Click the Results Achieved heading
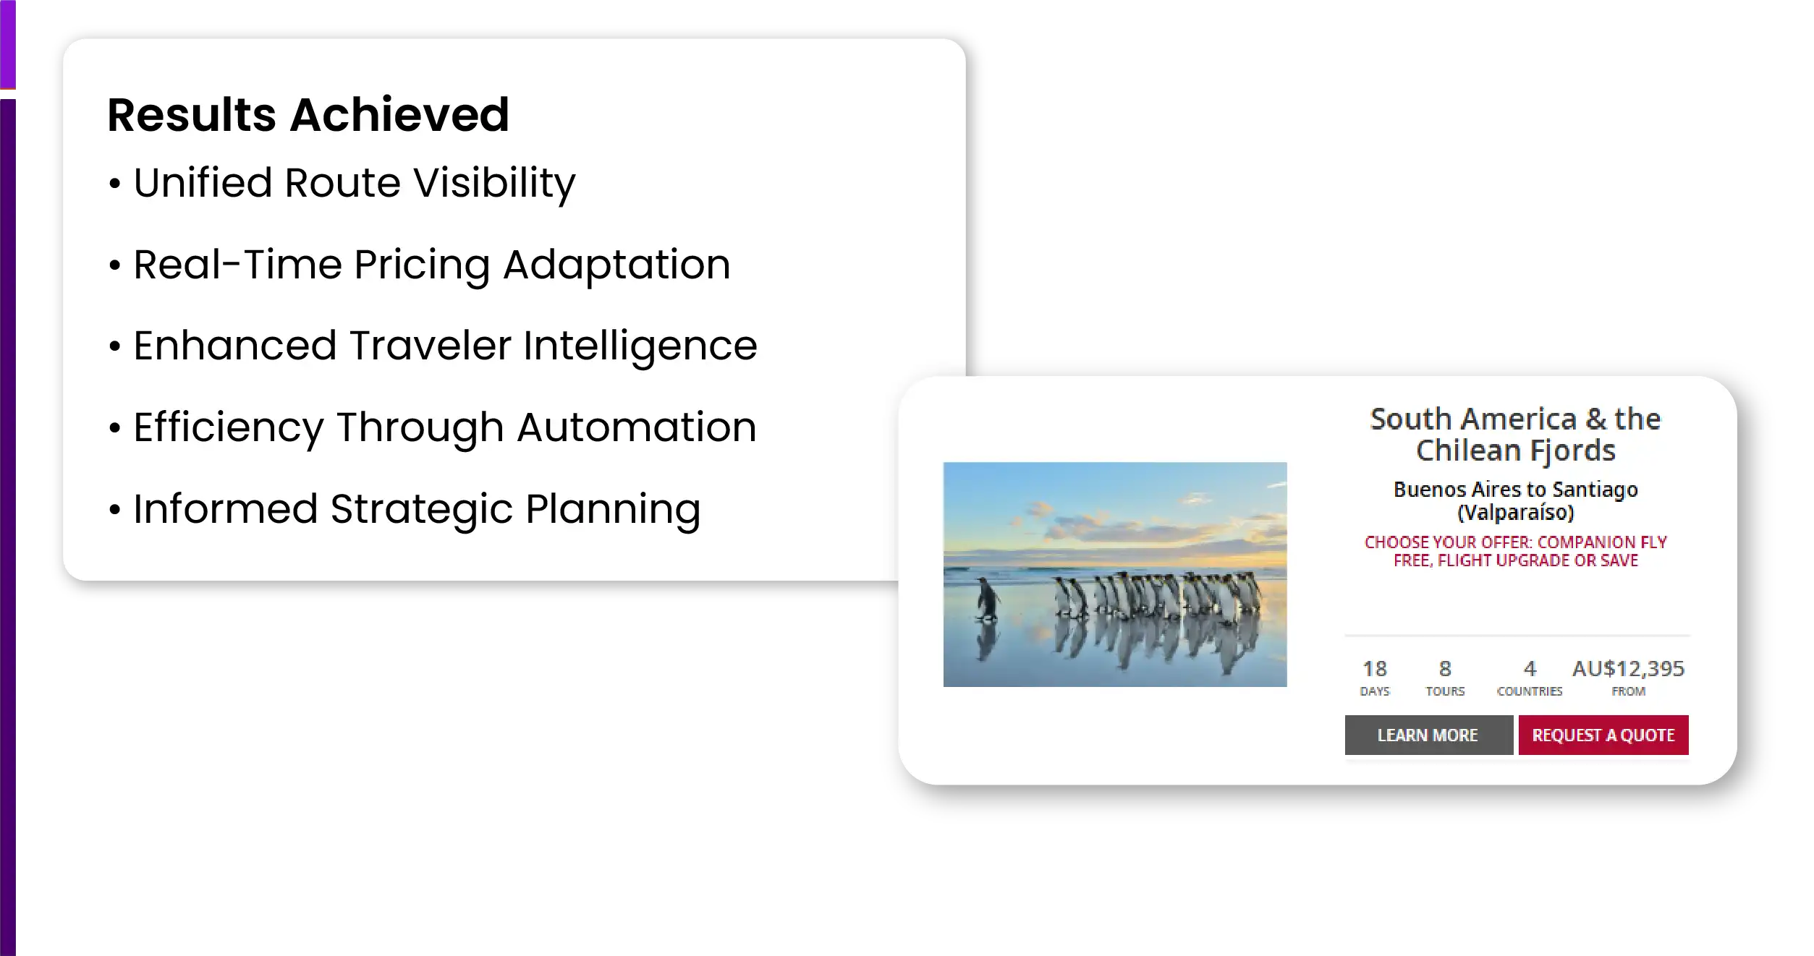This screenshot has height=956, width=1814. tap(308, 115)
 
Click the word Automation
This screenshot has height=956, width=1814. tap(637, 427)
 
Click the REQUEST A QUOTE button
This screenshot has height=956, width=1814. tap(1603, 735)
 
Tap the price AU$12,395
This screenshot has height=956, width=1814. tap(1628, 668)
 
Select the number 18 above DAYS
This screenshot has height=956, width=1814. tap(1375, 668)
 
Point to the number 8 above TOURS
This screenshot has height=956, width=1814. tap(1445, 668)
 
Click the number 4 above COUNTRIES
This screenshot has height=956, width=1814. tap(1530, 668)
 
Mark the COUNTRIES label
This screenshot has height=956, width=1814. tap(1530, 691)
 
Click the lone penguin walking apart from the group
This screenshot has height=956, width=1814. tap(986, 598)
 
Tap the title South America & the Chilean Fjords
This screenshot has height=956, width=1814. tap(1516, 434)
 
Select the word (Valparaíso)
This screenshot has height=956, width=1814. tap(1516, 513)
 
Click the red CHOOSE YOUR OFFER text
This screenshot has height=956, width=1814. tap(1516, 551)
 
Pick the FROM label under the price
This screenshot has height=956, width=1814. tap(1629, 691)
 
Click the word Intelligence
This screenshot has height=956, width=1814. tap(640, 346)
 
